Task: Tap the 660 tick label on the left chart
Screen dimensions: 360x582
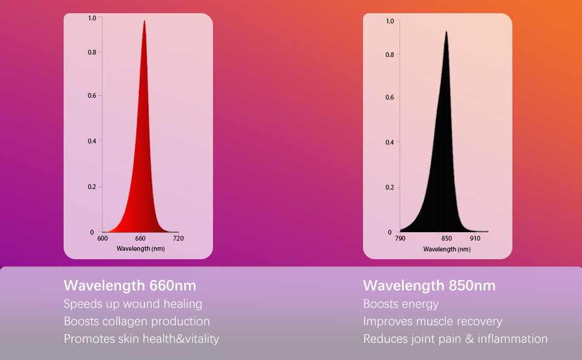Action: tap(141, 238)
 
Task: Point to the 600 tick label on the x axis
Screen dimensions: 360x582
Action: tap(103, 238)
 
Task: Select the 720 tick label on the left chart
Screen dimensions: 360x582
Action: tap(178, 238)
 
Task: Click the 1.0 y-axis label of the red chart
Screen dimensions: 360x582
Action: tap(91, 18)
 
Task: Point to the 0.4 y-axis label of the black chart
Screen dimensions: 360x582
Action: tap(389, 142)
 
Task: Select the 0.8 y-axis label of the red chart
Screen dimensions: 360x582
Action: tap(91, 52)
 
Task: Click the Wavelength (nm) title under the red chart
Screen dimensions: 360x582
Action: tap(140, 248)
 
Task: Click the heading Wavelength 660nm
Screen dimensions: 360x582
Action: tap(130, 285)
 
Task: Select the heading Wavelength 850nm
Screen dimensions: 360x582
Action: tap(429, 285)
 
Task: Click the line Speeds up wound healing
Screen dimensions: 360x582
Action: tap(133, 304)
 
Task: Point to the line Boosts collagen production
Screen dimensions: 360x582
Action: tap(137, 321)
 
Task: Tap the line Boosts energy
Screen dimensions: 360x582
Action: tap(401, 304)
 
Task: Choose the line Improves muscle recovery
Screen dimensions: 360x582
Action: tap(432, 321)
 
